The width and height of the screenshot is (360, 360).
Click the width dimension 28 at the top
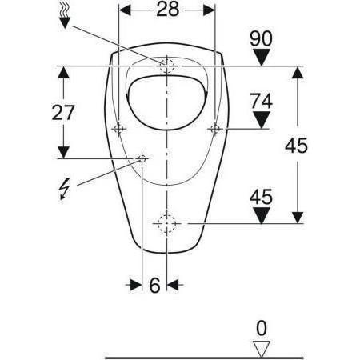point(166,10)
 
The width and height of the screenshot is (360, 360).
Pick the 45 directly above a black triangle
point(262,194)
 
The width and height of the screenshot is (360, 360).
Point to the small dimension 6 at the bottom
point(154,285)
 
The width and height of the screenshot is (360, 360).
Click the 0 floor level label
point(261,327)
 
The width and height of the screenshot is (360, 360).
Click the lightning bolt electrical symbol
point(65,189)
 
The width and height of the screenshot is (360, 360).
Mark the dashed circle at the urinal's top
point(167,65)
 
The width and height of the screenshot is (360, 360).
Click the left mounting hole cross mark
point(119,128)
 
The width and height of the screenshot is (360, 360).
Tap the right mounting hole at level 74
point(214,128)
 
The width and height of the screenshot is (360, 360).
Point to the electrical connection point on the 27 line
point(142,158)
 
